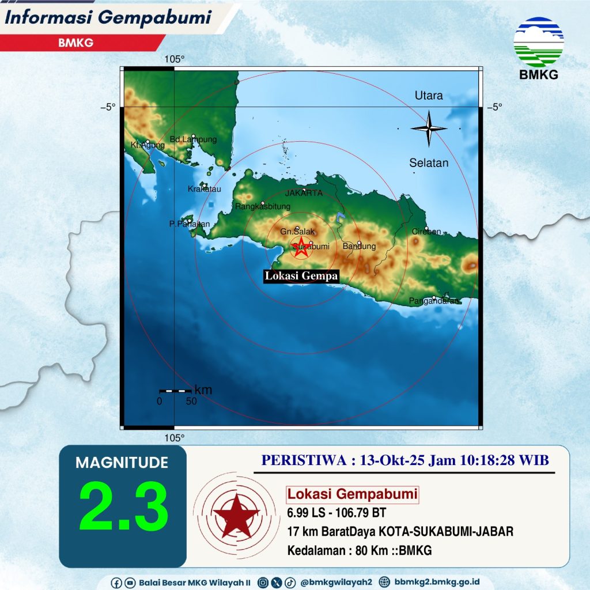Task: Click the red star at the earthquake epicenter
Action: pos(300,247)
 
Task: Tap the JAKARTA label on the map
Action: pos(304,194)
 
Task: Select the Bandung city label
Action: pos(359,247)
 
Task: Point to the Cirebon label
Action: pos(426,232)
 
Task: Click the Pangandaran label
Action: pos(434,301)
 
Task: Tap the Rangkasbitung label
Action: pos(263,206)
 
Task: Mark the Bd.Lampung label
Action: pos(194,139)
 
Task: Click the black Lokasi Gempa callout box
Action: pos(301,277)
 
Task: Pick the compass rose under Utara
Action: pos(429,128)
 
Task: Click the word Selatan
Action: pos(429,163)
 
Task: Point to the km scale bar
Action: pos(175,391)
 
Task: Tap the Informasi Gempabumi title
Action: pos(108,18)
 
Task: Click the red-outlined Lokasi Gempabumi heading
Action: pos(353,494)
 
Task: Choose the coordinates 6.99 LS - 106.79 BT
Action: pos(336,512)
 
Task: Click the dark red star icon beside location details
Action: pos(235,514)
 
